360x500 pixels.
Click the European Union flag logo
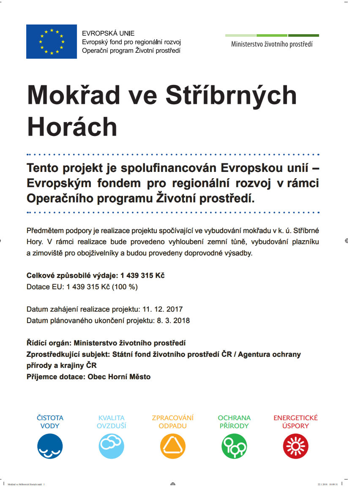click(51, 41)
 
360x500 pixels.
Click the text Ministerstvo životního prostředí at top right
click(272, 44)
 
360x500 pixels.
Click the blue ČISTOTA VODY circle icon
click(50, 446)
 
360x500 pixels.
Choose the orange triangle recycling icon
click(173, 446)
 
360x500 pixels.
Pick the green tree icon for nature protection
click(234, 446)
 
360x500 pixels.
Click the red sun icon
click(295, 446)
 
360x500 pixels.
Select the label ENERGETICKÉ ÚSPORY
click(295, 421)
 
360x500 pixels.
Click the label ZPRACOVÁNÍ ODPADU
click(173, 421)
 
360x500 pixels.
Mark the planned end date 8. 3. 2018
click(173, 321)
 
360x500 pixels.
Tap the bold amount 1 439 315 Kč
click(142, 275)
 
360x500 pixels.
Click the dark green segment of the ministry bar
click(303, 35)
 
